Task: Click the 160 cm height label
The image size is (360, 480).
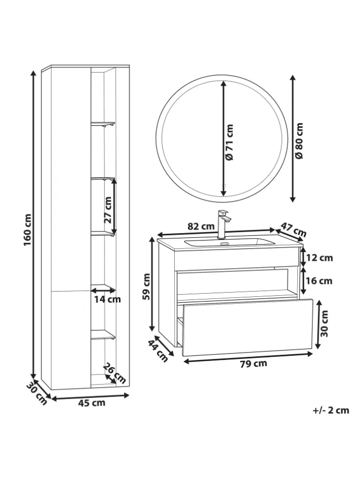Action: pyautogui.click(x=28, y=225)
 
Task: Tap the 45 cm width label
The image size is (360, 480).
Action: pyautogui.click(x=91, y=403)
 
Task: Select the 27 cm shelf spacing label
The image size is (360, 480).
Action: pyautogui.click(x=108, y=210)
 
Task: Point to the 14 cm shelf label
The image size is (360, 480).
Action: pyautogui.click(x=107, y=299)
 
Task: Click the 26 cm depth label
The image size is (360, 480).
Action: pyautogui.click(x=114, y=373)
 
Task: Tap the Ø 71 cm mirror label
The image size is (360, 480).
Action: pyautogui.click(x=229, y=142)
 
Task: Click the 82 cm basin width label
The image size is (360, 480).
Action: pyautogui.click(x=201, y=226)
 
